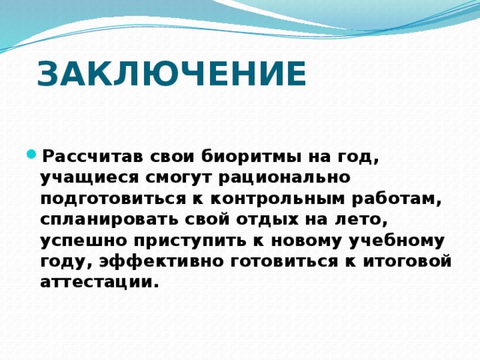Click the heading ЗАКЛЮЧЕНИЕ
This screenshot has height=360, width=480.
[x=171, y=75]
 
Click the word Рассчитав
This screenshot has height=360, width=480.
[x=90, y=157]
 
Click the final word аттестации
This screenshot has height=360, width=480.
[x=100, y=283]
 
